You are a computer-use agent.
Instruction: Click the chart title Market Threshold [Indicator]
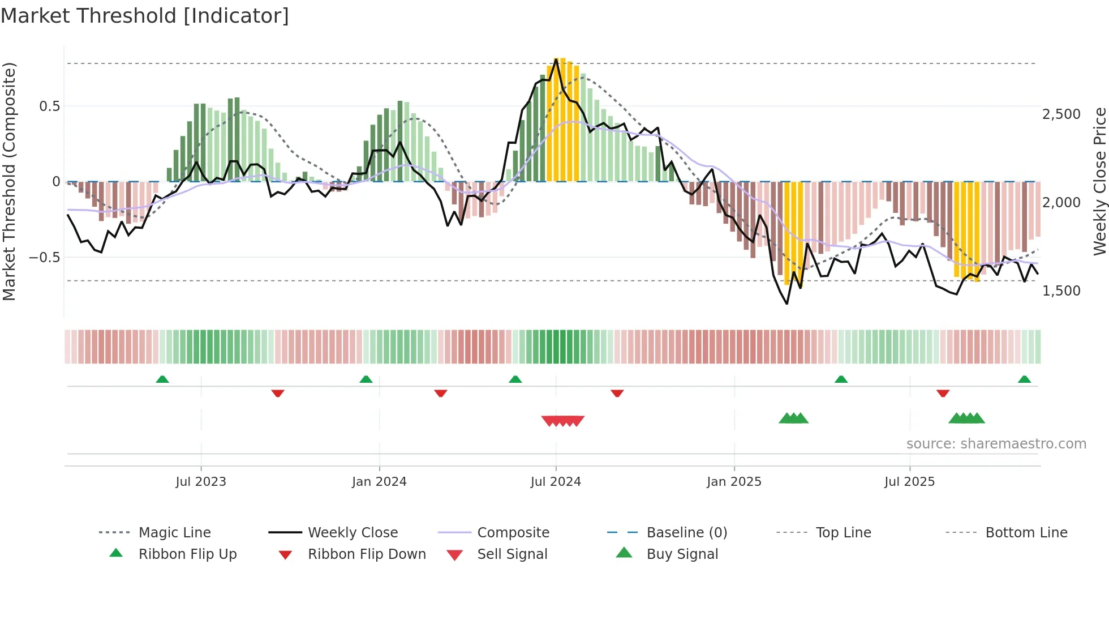tap(145, 16)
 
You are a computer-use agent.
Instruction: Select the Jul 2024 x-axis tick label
tap(556, 481)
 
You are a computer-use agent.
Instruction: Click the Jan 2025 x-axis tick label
tap(734, 481)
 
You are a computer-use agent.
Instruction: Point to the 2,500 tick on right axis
tap(1061, 114)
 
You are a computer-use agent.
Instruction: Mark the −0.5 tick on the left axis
tap(45, 257)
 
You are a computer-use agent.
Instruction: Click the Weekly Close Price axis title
tap(1099, 181)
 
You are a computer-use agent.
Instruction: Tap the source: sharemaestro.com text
tap(996, 443)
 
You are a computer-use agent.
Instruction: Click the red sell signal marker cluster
tap(562, 421)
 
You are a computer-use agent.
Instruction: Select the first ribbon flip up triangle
tap(162, 379)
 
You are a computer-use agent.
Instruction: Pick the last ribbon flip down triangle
tap(943, 393)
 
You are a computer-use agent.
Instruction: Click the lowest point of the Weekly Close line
tap(787, 304)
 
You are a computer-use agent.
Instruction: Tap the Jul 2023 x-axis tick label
tap(200, 481)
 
